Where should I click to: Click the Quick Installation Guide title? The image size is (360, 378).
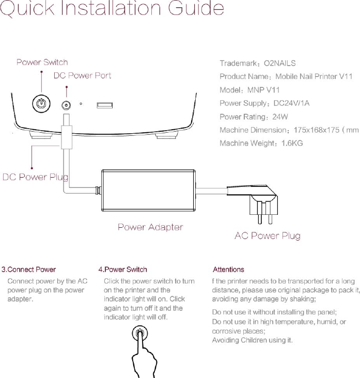point(112,10)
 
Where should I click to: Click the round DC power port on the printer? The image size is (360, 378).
point(66,105)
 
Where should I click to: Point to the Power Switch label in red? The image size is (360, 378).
point(42,62)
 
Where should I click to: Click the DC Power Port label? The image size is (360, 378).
point(83,75)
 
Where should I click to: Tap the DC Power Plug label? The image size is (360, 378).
point(36,178)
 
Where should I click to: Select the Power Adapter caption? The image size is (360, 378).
point(150,227)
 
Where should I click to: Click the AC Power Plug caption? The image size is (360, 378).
point(268,236)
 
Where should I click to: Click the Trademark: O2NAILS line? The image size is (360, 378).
point(258,64)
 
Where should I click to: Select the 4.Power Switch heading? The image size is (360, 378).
point(122,270)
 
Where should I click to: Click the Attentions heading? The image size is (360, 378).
point(228,270)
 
